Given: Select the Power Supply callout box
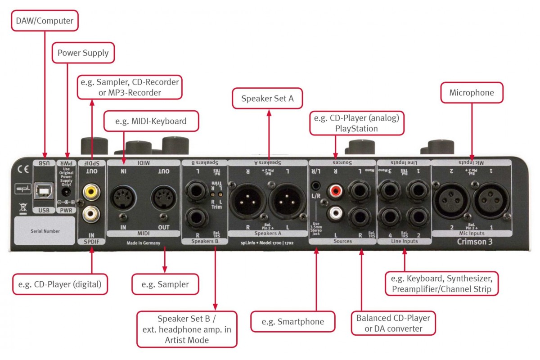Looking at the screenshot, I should coord(83,53).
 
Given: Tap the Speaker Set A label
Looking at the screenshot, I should coord(267,99).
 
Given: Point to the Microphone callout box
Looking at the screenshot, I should coord(471,93).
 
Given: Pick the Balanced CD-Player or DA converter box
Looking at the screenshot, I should coord(393,324).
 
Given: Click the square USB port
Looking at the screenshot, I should coord(44,192).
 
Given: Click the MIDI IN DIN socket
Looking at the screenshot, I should coord(123,196).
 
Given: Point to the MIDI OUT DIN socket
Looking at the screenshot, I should coord(164,196).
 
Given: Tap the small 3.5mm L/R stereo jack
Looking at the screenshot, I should coord(318,185).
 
